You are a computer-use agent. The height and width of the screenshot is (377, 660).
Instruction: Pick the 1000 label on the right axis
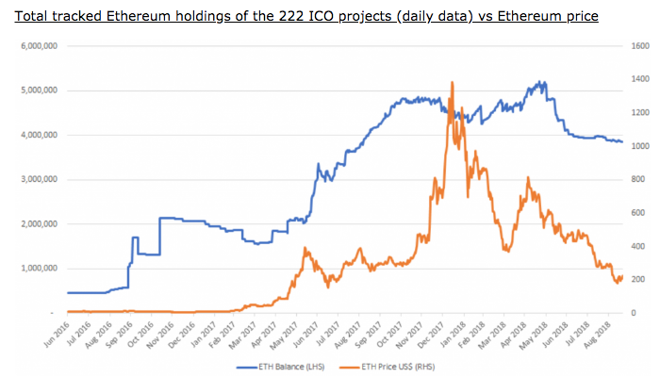(638, 146)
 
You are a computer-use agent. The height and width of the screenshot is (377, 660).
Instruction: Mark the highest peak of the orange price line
(453, 82)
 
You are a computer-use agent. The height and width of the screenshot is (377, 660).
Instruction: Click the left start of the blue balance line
(67, 292)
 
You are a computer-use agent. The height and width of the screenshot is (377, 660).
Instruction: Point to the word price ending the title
(577, 17)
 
